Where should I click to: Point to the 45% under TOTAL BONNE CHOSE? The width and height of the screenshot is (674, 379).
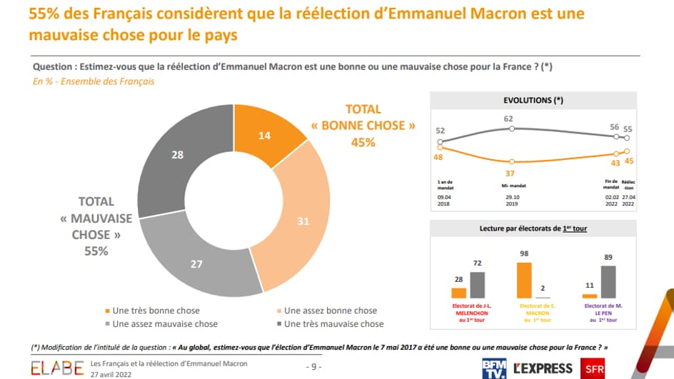coord(363,142)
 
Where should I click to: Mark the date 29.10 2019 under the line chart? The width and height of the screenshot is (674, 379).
coord(511,201)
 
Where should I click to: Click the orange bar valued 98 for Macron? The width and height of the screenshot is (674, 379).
coord(524,280)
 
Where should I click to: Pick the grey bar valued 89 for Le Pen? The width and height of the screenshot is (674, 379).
coord(608,281)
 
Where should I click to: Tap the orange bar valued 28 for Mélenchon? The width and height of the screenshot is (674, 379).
coord(458,293)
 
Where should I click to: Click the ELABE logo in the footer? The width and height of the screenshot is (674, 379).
coord(56,368)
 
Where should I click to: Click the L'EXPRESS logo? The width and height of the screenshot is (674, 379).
coord(542,368)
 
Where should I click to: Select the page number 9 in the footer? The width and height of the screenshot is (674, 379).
coord(316,368)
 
